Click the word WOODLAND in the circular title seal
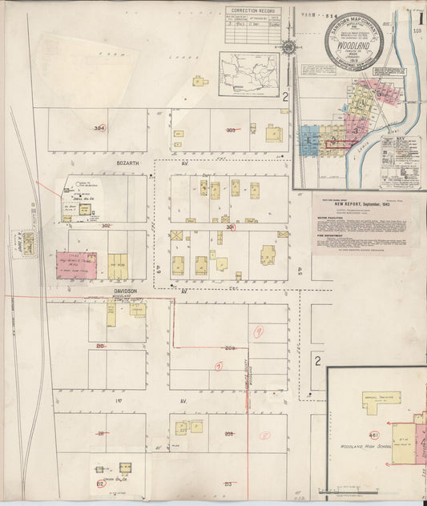[353, 46]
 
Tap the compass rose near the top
[288, 46]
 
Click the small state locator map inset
[249, 74]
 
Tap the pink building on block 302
[77, 265]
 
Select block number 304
[99, 128]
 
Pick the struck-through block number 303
[231, 130]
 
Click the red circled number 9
[258, 331]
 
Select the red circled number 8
[265, 436]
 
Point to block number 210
[101, 346]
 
